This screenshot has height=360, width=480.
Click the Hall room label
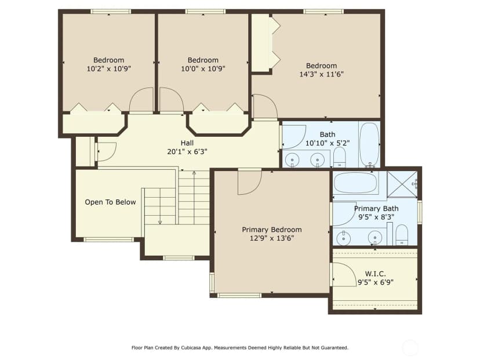tap(187, 143)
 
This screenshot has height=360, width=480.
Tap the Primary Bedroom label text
tap(272, 230)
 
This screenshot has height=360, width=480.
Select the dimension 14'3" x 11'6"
tap(321, 74)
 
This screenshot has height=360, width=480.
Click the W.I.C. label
tap(375, 274)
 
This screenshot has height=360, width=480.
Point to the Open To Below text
tap(110, 202)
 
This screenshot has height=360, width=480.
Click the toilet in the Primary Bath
tap(402, 235)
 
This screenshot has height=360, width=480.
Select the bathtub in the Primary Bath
tap(355, 183)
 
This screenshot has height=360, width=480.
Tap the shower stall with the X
tap(402, 184)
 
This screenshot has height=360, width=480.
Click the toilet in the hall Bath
tap(339, 157)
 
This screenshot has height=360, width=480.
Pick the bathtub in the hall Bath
tap(369, 144)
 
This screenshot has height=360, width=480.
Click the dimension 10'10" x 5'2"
tap(328, 143)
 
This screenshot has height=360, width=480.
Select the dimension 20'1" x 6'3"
tap(187, 151)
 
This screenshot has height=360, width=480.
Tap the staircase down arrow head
tap(160, 222)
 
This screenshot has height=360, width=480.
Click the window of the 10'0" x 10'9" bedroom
tap(205, 12)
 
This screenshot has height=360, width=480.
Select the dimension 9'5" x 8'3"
tap(376, 217)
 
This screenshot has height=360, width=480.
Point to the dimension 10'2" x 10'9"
tap(108, 68)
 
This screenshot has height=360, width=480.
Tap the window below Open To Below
tap(108, 239)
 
